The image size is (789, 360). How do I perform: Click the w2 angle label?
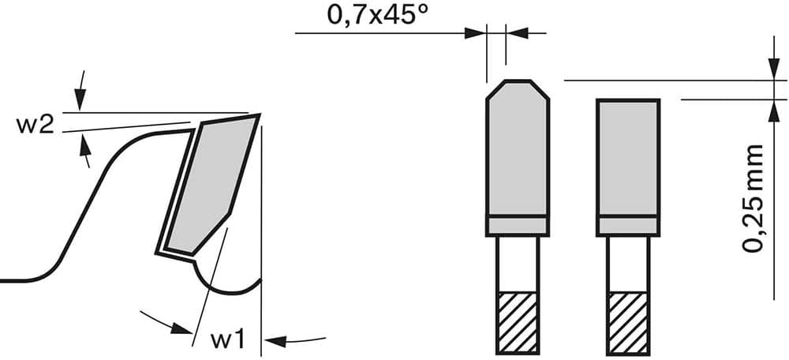(x=36, y=126)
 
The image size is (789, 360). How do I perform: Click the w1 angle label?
(x=228, y=341)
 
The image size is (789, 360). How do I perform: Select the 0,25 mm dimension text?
(x=753, y=198)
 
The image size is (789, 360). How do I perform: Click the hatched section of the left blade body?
(x=518, y=323)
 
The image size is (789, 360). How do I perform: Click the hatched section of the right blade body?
(x=628, y=323)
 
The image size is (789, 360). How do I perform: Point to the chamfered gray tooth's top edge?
(x=518, y=81)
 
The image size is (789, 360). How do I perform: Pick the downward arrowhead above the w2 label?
(x=80, y=99)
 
